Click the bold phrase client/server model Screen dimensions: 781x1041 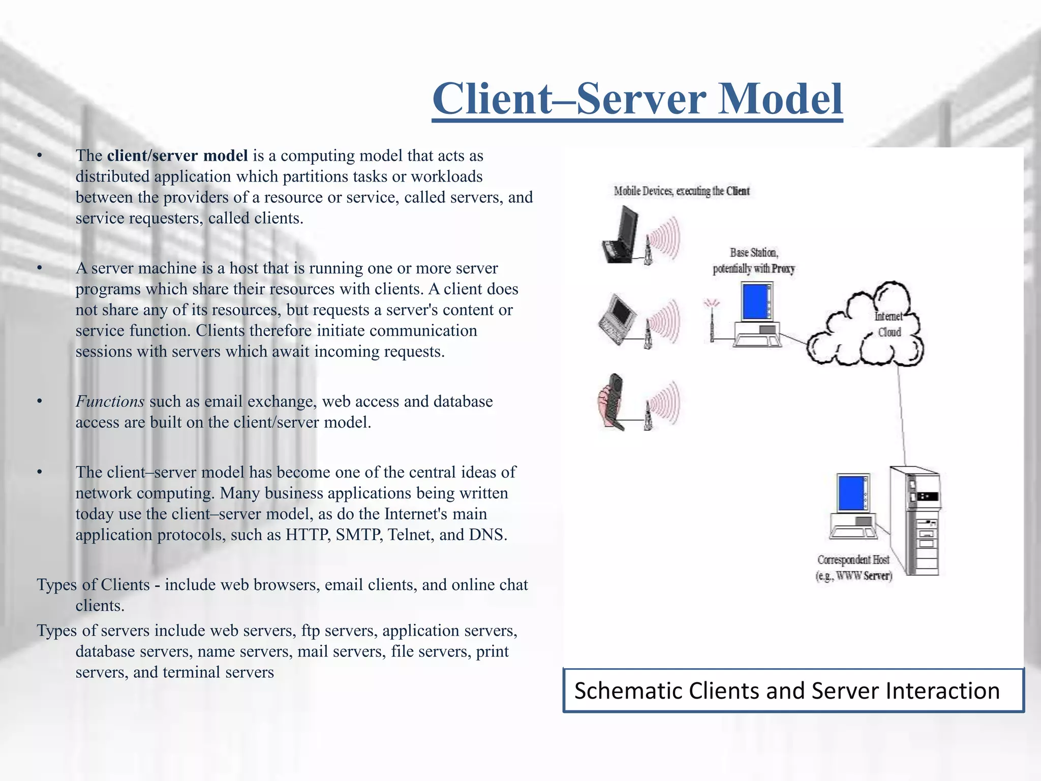pyautogui.click(x=177, y=156)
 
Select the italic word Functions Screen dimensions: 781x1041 pyautogui.click(x=110, y=402)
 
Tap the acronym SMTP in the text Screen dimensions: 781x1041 pyautogui.click(x=359, y=535)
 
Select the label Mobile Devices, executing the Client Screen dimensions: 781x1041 pyautogui.click(x=681, y=191)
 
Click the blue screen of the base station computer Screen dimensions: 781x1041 pyautogui.click(x=754, y=301)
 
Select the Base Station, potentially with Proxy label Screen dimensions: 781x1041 pyautogui.click(x=753, y=261)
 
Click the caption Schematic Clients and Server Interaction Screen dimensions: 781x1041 pyautogui.click(x=787, y=691)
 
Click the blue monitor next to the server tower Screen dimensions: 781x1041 pyautogui.click(x=851, y=493)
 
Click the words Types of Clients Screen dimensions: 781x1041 pyautogui.click(x=93, y=585)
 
